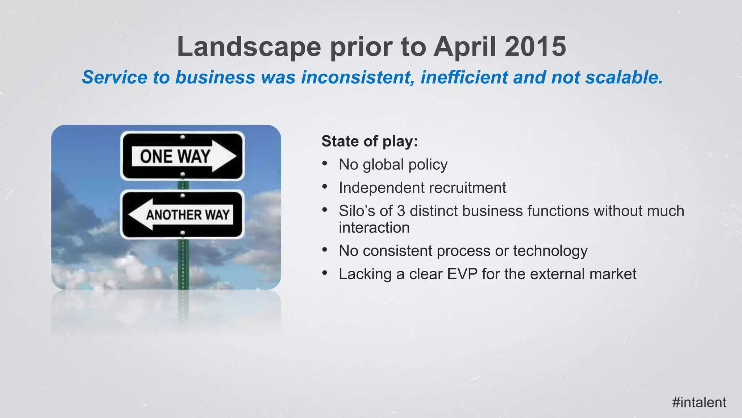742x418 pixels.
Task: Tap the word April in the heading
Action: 464,47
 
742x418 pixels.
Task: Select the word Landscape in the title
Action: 249,47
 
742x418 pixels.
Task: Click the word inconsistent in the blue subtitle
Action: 358,77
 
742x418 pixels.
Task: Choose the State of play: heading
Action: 370,141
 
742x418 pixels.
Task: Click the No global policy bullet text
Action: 393,164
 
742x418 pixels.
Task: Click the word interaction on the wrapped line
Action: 374,228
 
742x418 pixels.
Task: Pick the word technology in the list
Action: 550,251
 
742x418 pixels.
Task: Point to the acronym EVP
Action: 462,274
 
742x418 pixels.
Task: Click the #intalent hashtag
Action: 699,402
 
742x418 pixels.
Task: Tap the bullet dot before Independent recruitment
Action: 325,187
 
